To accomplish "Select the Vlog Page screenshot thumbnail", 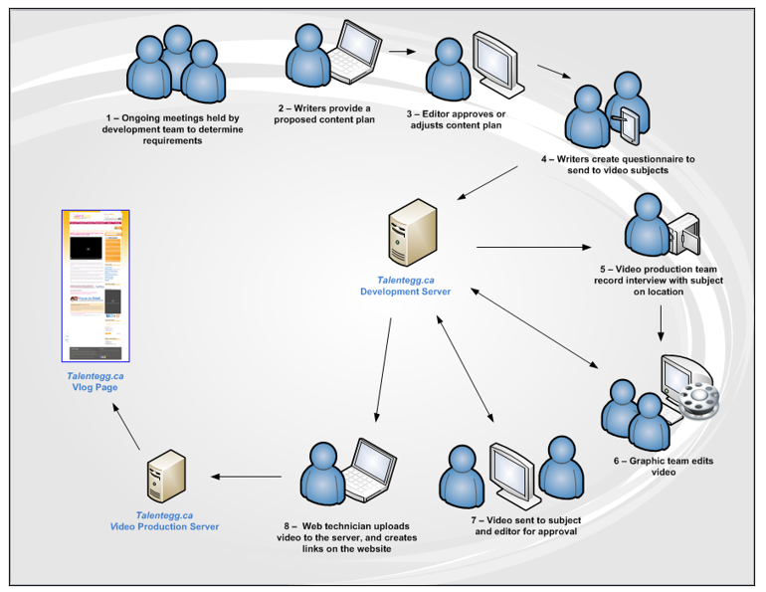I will coord(96,287).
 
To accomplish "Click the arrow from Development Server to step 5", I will coord(532,247).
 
